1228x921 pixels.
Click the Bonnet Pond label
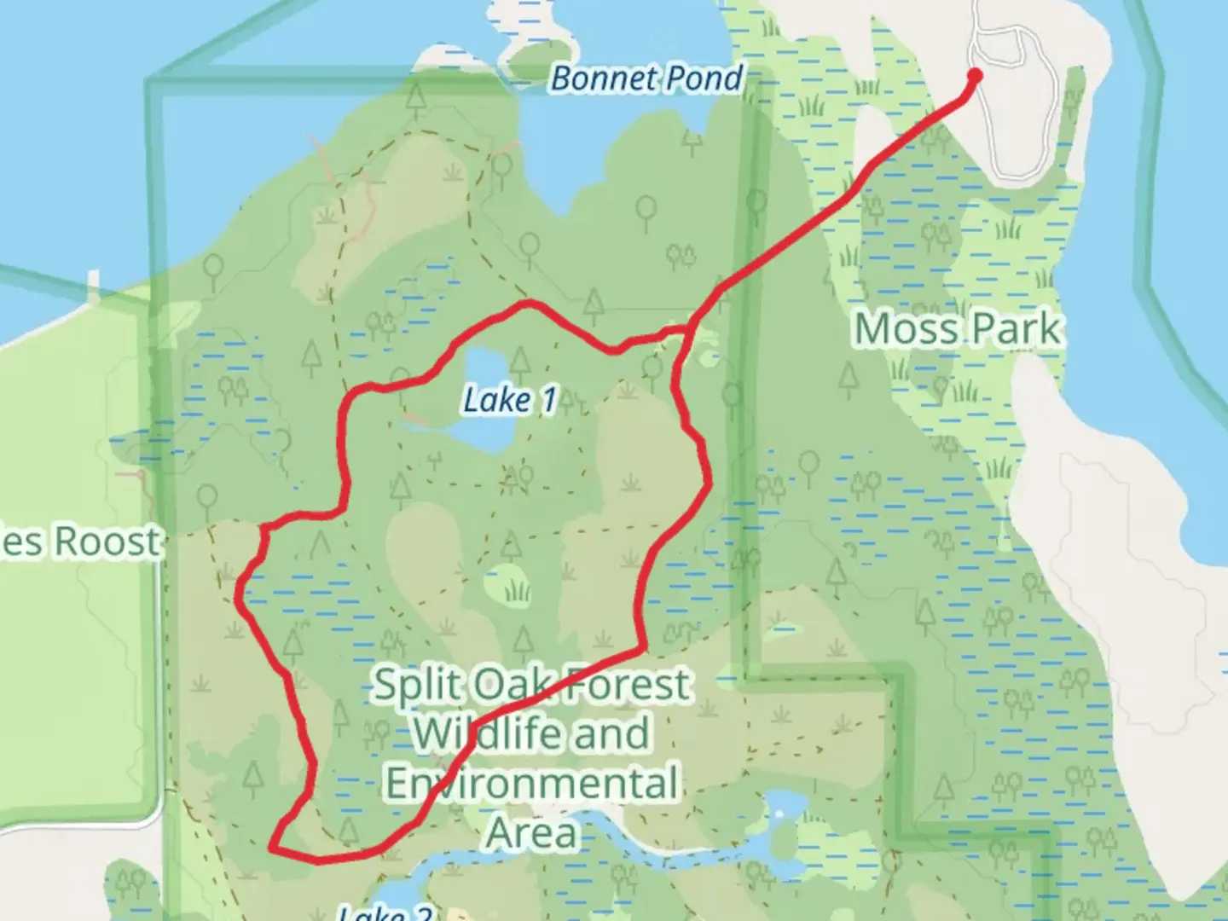(646, 78)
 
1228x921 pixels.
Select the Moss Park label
(959, 329)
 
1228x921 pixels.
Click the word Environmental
(532, 783)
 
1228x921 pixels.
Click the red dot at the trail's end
(975, 76)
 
